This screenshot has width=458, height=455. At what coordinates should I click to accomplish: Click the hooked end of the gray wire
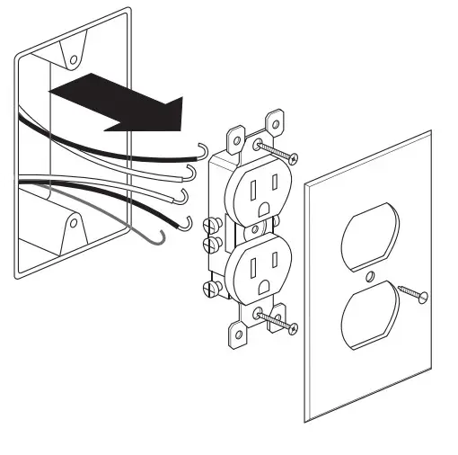pyautogui.click(x=160, y=238)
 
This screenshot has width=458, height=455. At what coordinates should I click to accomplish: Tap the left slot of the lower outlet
pyautogui.click(x=252, y=269)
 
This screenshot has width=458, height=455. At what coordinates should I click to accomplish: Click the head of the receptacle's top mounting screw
pyautogui.click(x=260, y=143)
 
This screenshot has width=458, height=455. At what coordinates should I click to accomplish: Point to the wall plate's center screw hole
pyautogui.click(x=371, y=271)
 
